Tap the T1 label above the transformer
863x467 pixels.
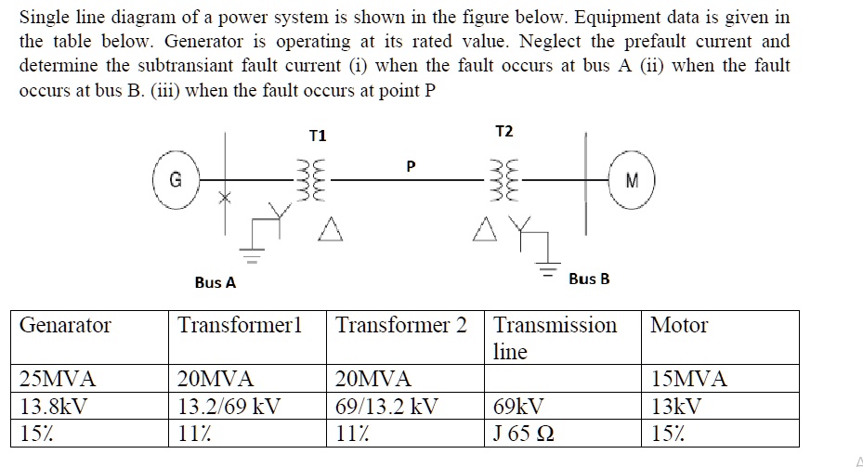[318, 136]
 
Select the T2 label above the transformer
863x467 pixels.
[503, 131]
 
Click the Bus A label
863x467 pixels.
[216, 282]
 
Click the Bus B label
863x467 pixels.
[589, 279]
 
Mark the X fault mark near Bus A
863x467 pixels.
[223, 198]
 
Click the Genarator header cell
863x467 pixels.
[65, 325]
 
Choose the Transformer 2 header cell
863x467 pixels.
[401, 325]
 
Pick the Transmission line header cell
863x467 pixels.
[555, 337]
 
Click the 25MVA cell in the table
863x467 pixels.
[59, 379]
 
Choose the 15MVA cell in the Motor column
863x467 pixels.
[689, 379]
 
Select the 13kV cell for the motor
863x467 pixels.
[677, 406]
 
